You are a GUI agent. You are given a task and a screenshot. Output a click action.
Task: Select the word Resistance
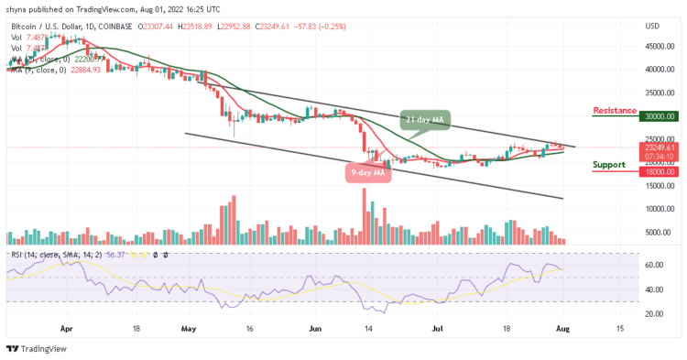click(615, 110)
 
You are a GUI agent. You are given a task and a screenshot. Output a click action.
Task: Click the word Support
click(610, 165)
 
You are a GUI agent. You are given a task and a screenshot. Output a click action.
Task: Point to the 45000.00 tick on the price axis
click(658, 46)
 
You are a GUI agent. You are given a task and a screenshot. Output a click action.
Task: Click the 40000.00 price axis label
click(658, 69)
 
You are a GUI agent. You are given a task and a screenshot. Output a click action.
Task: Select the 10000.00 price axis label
click(658, 209)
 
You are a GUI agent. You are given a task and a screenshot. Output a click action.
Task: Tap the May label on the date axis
click(190, 327)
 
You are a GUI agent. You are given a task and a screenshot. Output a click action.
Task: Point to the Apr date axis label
click(65, 327)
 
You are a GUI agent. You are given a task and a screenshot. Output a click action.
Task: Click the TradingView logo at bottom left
click(38, 348)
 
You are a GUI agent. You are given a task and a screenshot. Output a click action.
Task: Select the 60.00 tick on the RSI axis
click(652, 265)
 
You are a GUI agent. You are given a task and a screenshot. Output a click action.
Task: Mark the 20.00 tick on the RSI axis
click(652, 313)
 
